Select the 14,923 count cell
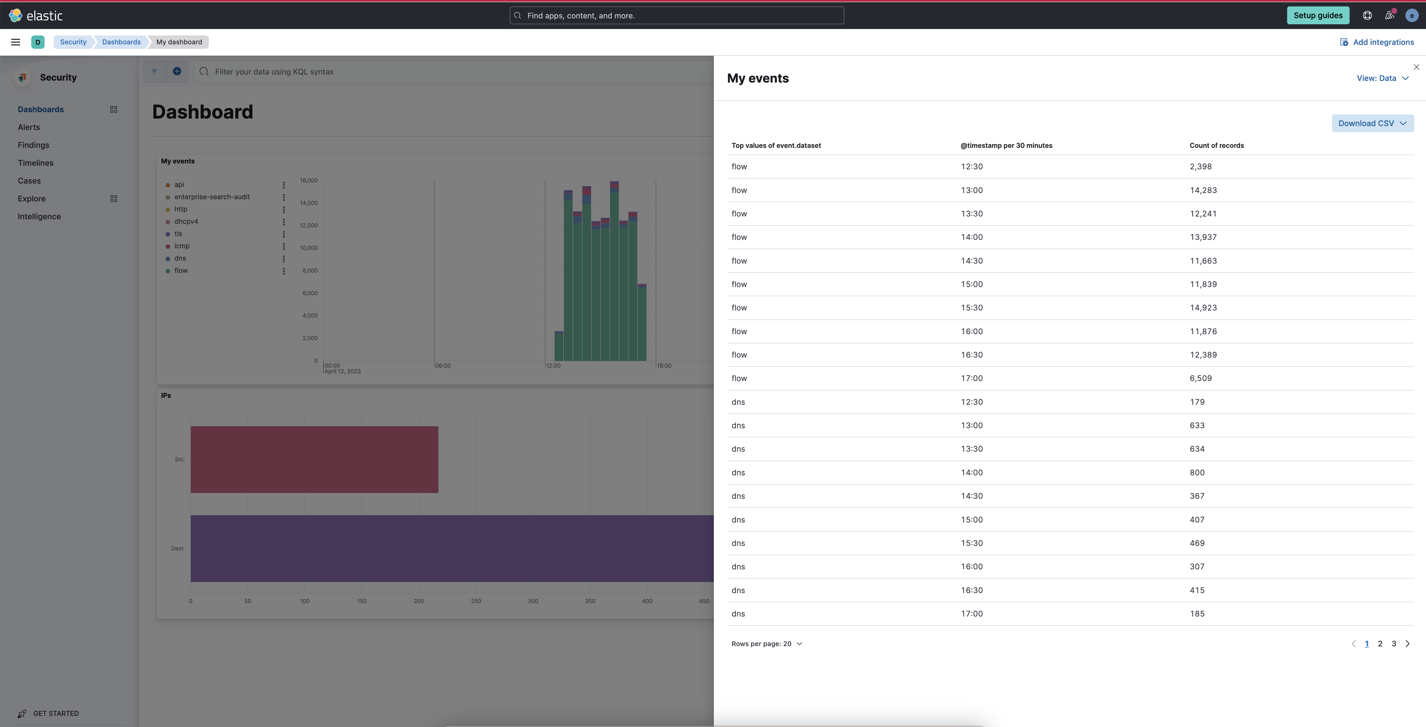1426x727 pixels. click(x=1203, y=308)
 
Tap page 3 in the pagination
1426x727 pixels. click(x=1393, y=643)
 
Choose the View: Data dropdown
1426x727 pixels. click(x=1382, y=78)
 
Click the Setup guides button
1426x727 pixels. click(x=1318, y=16)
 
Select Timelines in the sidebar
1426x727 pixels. click(x=35, y=163)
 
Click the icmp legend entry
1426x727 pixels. click(x=182, y=246)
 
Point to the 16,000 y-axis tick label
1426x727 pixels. click(x=308, y=180)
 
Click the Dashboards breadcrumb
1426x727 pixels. click(x=121, y=42)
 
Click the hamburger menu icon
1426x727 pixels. click(x=16, y=42)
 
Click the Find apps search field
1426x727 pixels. click(x=676, y=16)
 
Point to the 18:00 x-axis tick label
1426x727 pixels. click(x=664, y=365)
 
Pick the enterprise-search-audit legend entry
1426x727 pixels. click(x=211, y=197)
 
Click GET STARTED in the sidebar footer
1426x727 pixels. click(x=55, y=713)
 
